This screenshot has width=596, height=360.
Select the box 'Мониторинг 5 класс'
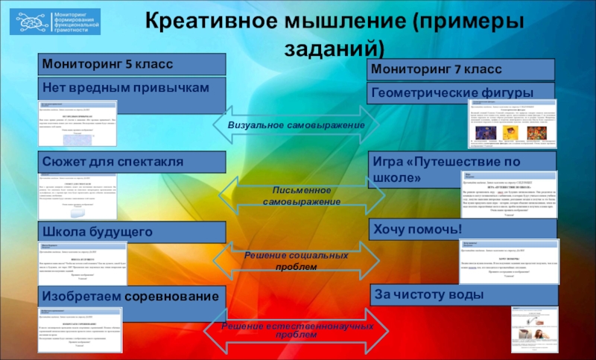[x=132, y=64]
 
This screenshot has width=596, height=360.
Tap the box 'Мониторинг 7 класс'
[x=462, y=69]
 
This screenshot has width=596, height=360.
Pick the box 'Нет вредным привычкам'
[x=132, y=87]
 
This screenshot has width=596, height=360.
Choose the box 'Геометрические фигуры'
[x=462, y=92]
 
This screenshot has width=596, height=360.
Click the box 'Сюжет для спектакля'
[x=132, y=161]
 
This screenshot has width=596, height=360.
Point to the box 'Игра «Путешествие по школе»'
[x=462, y=169]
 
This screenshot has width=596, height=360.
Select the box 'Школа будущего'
[x=132, y=231]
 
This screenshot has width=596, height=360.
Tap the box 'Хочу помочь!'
[x=462, y=229]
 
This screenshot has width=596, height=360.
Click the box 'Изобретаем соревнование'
[x=132, y=297]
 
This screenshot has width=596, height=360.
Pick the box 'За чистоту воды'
[x=462, y=295]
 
